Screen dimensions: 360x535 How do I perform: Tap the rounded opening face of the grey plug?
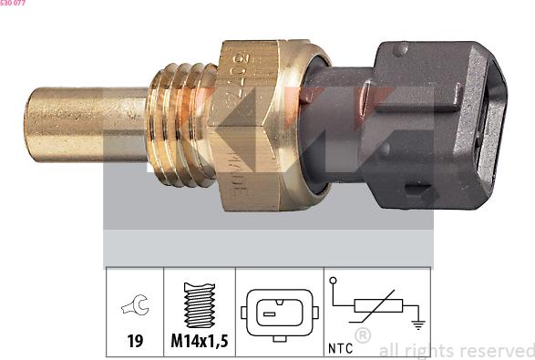497,114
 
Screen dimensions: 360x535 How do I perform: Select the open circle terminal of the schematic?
334,281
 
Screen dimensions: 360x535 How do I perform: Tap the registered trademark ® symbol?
362,335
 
